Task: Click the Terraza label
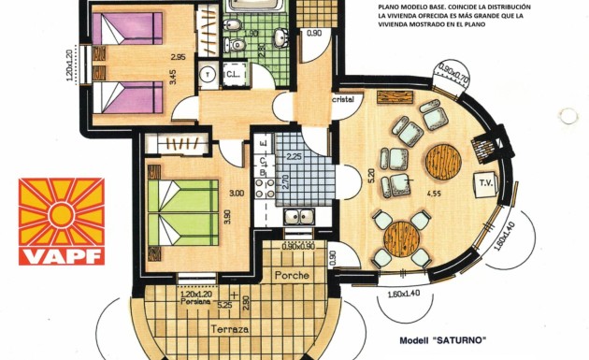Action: click(x=229, y=330)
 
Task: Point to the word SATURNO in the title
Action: click(x=462, y=339)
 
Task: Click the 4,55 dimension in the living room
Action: click(x=434, y=194)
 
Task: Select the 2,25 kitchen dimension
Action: click(x=294, y=156)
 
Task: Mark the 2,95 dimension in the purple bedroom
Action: click(x=177, y=57)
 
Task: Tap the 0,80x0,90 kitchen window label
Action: click(x=298, y=246)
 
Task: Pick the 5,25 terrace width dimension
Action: click(x=224, y=304)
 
